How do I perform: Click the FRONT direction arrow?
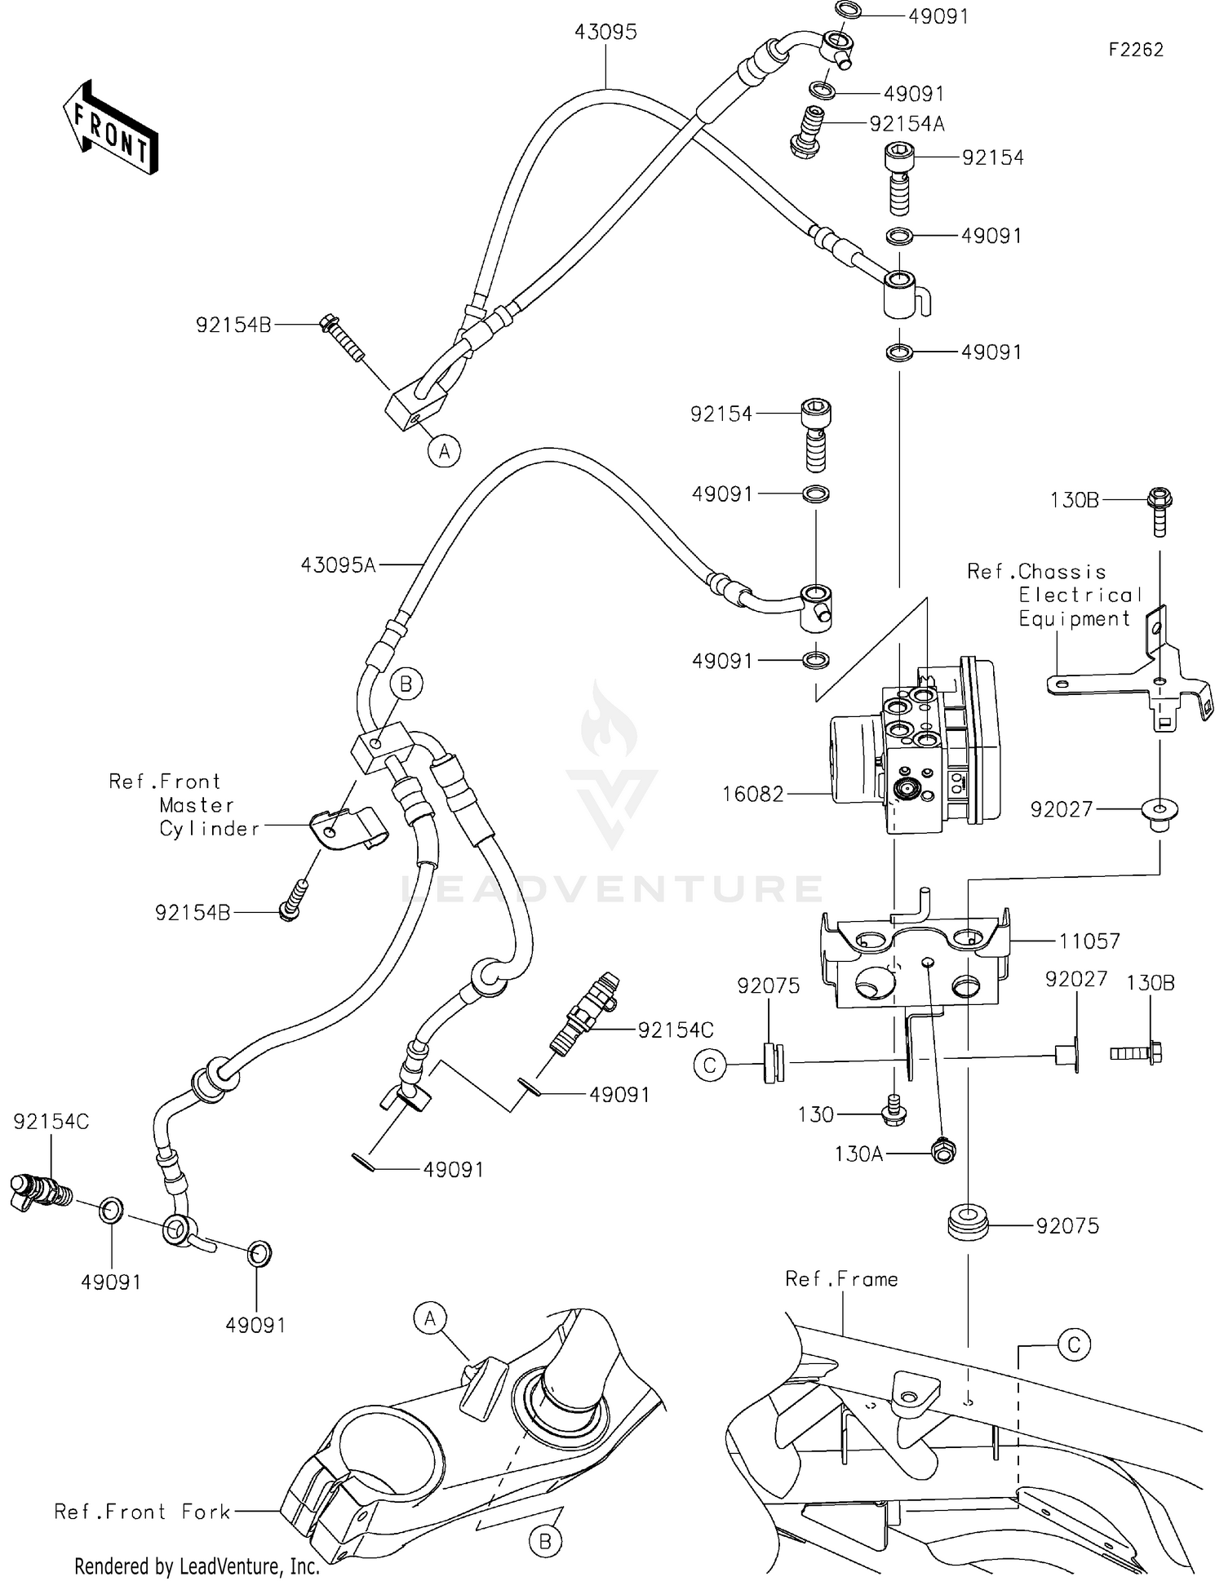[110, 128]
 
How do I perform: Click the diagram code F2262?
[1135, 50]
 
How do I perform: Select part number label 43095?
[605, 33]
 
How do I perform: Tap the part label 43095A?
[338, 565]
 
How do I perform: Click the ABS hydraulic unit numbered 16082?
[914, 749]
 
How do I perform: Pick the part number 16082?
[752, 794]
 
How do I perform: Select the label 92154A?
[907, 124]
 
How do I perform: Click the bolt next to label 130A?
[943, 1151]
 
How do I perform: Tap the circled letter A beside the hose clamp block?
[444, 450]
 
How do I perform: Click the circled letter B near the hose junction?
[406, 684]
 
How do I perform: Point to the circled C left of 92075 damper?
[710, 1065]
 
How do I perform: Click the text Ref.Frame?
[840, 1279]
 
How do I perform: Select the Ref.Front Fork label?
[143, 1512]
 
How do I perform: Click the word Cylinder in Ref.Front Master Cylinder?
[209, 829]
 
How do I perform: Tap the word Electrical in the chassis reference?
[1080, 595]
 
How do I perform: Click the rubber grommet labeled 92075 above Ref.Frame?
[968, 1225]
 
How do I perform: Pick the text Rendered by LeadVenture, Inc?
[197, 1566]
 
